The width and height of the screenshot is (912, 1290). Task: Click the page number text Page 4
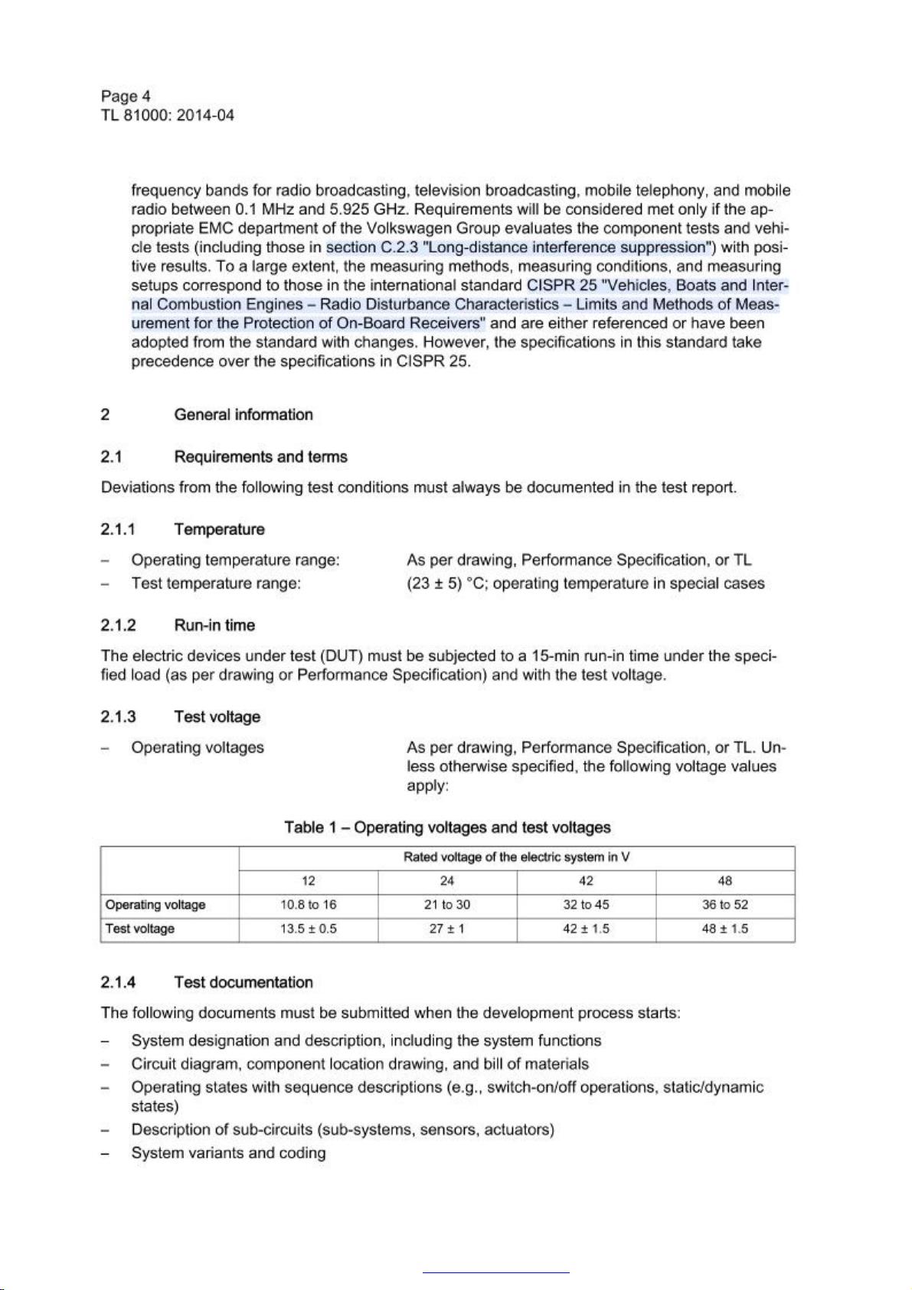(126, 96)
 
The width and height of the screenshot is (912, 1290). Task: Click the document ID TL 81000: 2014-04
(167, 116)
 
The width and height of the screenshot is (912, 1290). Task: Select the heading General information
(243, 415)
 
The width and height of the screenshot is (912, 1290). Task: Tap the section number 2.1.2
(118, 625)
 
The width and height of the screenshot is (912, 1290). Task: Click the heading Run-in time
(214, 625)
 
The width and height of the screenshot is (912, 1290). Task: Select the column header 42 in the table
(586, 881)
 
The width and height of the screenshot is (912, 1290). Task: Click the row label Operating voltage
(155, 905)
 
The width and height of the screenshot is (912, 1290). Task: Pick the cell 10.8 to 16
(309, 905)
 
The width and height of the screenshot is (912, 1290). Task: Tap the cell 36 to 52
(724, 905)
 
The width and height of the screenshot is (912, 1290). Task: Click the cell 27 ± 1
(447, 929)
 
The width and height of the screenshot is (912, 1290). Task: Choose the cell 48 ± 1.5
(724, 929)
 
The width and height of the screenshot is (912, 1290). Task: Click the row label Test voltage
(140, 929)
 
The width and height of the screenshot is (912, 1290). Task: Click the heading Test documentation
(243, 983)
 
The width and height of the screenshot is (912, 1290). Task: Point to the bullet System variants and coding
(228, 1154)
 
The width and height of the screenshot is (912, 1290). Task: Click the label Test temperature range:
(216, 584)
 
